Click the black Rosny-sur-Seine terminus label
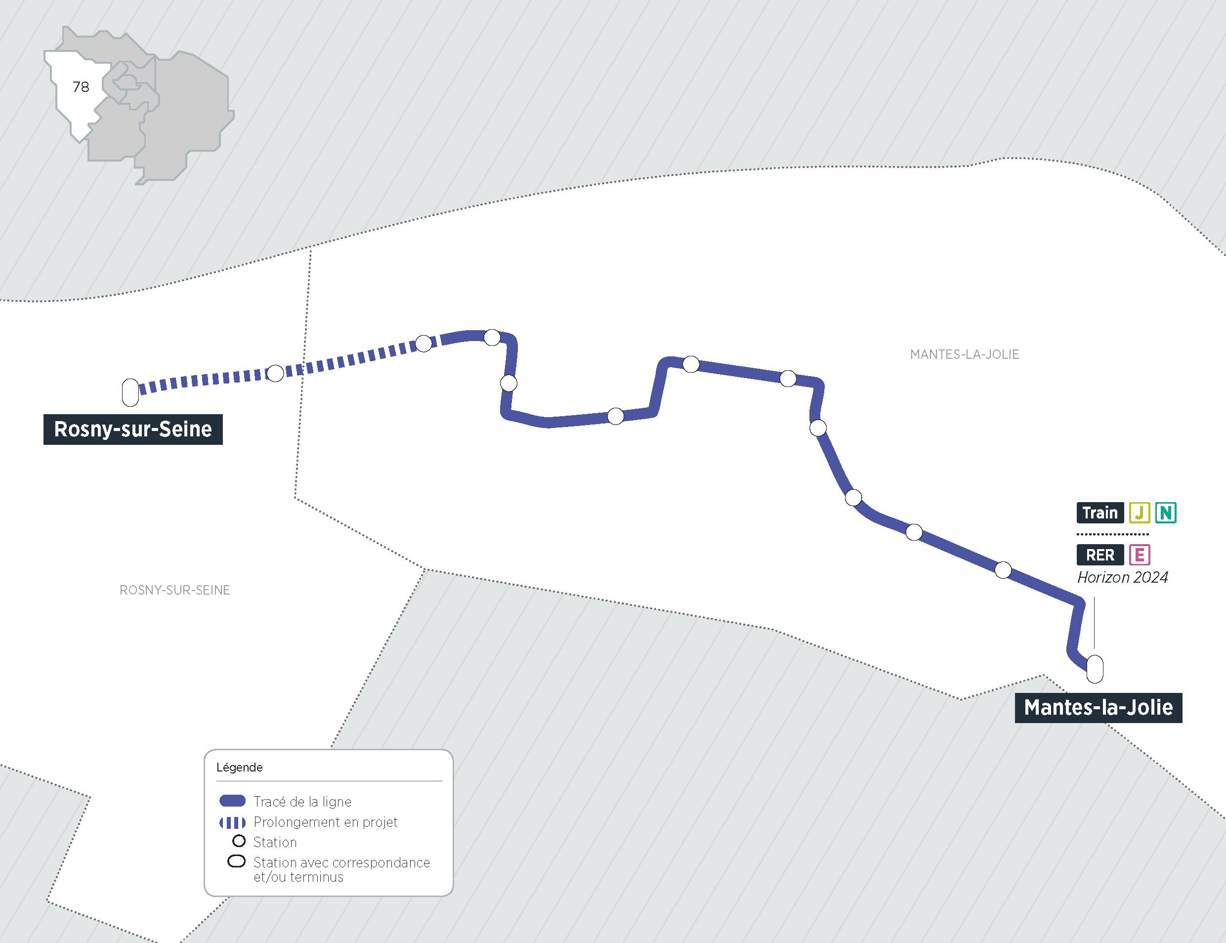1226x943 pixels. click(x=133, y=429)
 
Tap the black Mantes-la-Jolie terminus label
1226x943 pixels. click(x=1098, y=708)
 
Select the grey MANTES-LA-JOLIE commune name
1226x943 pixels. click(x=965, y=355)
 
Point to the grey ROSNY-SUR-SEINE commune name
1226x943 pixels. click(x=175, y=591)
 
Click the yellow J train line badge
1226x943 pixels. click(x=1140, y=513)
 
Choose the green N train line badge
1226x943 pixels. click(x=1166, y=513)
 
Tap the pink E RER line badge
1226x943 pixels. click(x=1140, y=555)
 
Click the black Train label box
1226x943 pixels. click(x=1100, y=513)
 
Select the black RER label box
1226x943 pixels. click(x=1100, y=555)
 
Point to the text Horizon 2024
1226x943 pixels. click(x=1122, y=578)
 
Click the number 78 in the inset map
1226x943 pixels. click(x=81, y=87)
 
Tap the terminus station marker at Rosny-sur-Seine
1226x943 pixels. click(x=130, y=392)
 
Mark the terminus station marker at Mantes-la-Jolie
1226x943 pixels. click(x=1095, y=669)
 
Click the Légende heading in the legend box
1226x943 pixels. click(x=240, y=768)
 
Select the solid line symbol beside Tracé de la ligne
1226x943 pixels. click(x=232, y=801)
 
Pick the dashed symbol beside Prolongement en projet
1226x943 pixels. click(x=232, y=823)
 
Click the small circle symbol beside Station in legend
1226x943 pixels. click(x=239, y=841)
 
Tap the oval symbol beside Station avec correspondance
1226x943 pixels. click(x=236, y=861)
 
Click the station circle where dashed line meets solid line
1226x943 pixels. click(x=423, y=343)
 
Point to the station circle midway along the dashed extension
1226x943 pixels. click(x=275, y=373)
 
